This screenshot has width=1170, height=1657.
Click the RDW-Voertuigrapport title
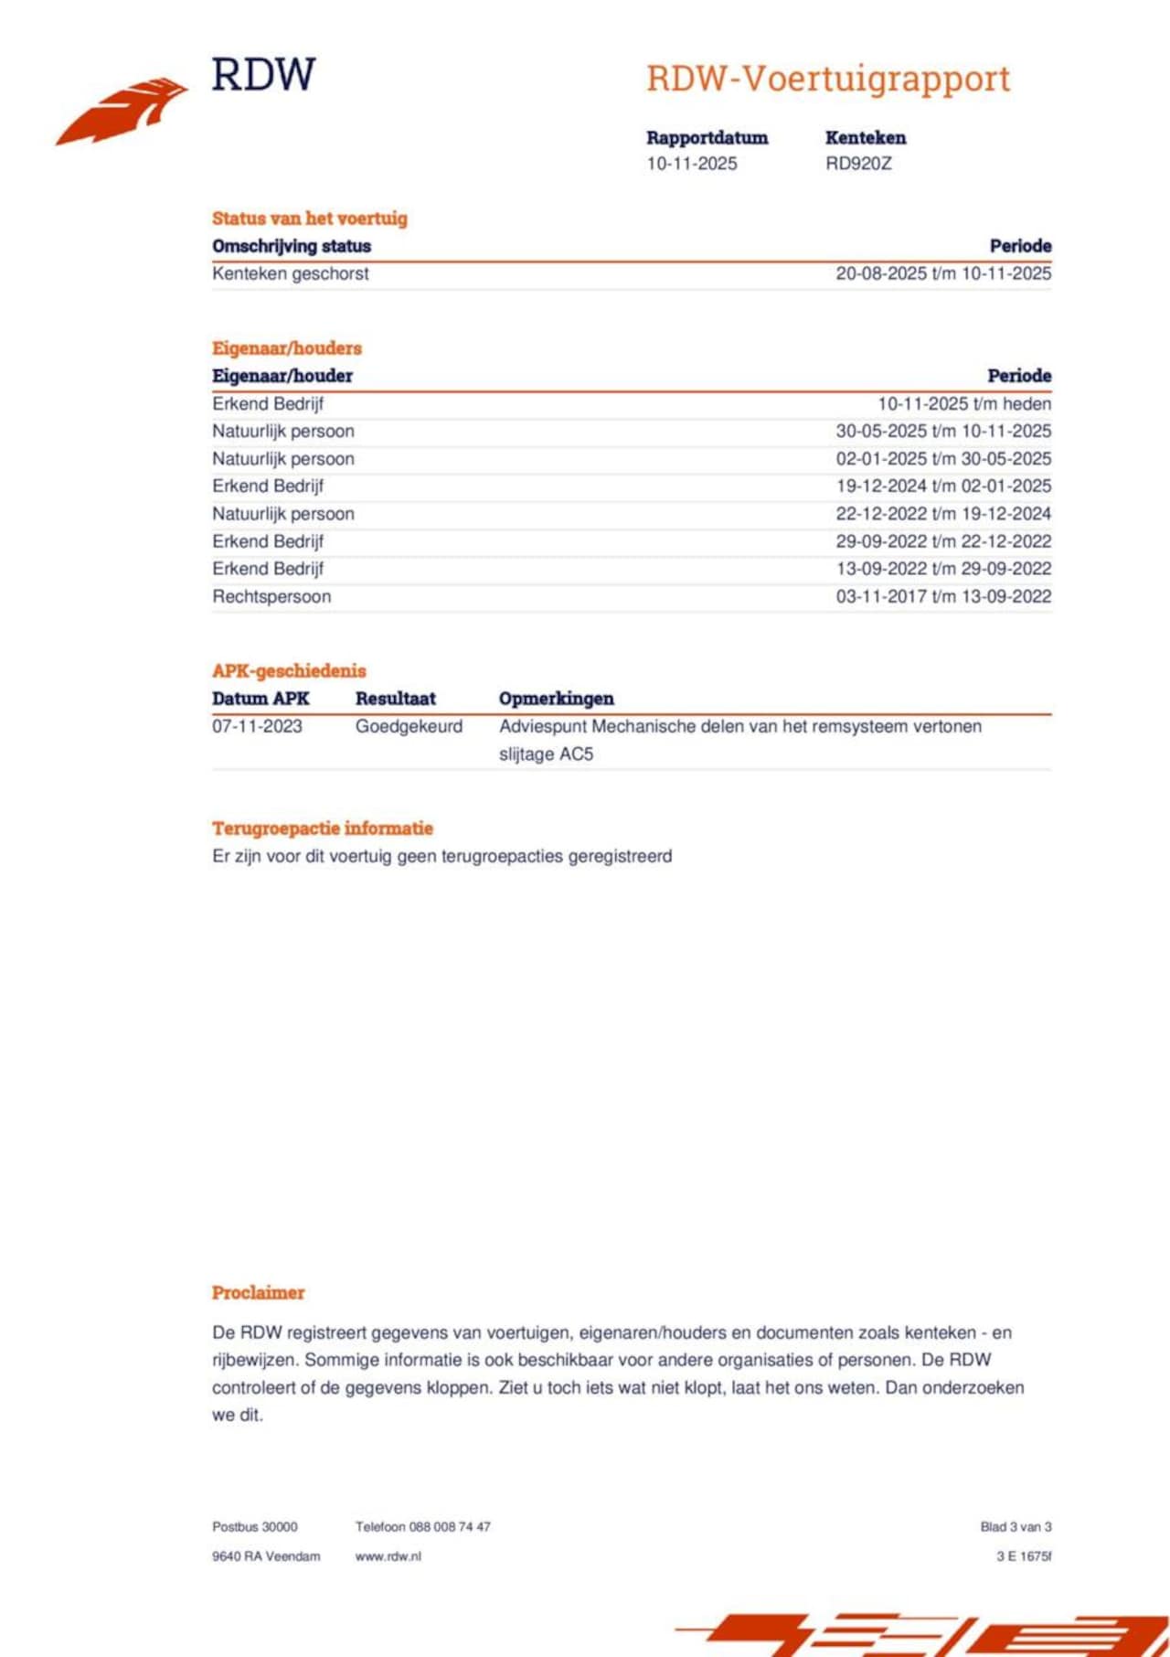coord(828,79)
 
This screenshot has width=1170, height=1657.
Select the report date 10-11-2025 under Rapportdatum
coord(692,164)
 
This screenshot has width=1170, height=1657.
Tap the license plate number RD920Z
coord(858,164)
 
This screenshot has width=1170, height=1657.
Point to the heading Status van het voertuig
coord(310,219)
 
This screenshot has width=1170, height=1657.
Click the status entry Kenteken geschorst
coord(291,273)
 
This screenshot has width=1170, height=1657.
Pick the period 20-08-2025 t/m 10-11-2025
coord(943,273)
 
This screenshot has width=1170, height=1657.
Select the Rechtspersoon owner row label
coord(271,596)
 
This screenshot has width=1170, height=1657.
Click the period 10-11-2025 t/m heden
coord(964,403)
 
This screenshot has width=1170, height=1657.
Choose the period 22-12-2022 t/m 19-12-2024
coord(943,514)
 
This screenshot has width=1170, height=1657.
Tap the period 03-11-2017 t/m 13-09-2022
coord(943,596)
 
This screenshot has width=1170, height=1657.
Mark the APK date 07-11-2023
coord(257,727)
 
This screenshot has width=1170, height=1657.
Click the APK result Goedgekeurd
coord(409,727)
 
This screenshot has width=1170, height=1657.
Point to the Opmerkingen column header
coord(557,699)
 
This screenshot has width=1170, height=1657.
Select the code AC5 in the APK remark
coord(576,754)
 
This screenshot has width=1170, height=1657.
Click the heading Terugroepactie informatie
coord(323,828)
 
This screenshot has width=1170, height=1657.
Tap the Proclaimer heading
coord(259,1293)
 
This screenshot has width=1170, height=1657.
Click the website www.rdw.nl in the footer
coord(388,1556)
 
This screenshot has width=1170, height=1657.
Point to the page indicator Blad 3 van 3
coord(1016,1527)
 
